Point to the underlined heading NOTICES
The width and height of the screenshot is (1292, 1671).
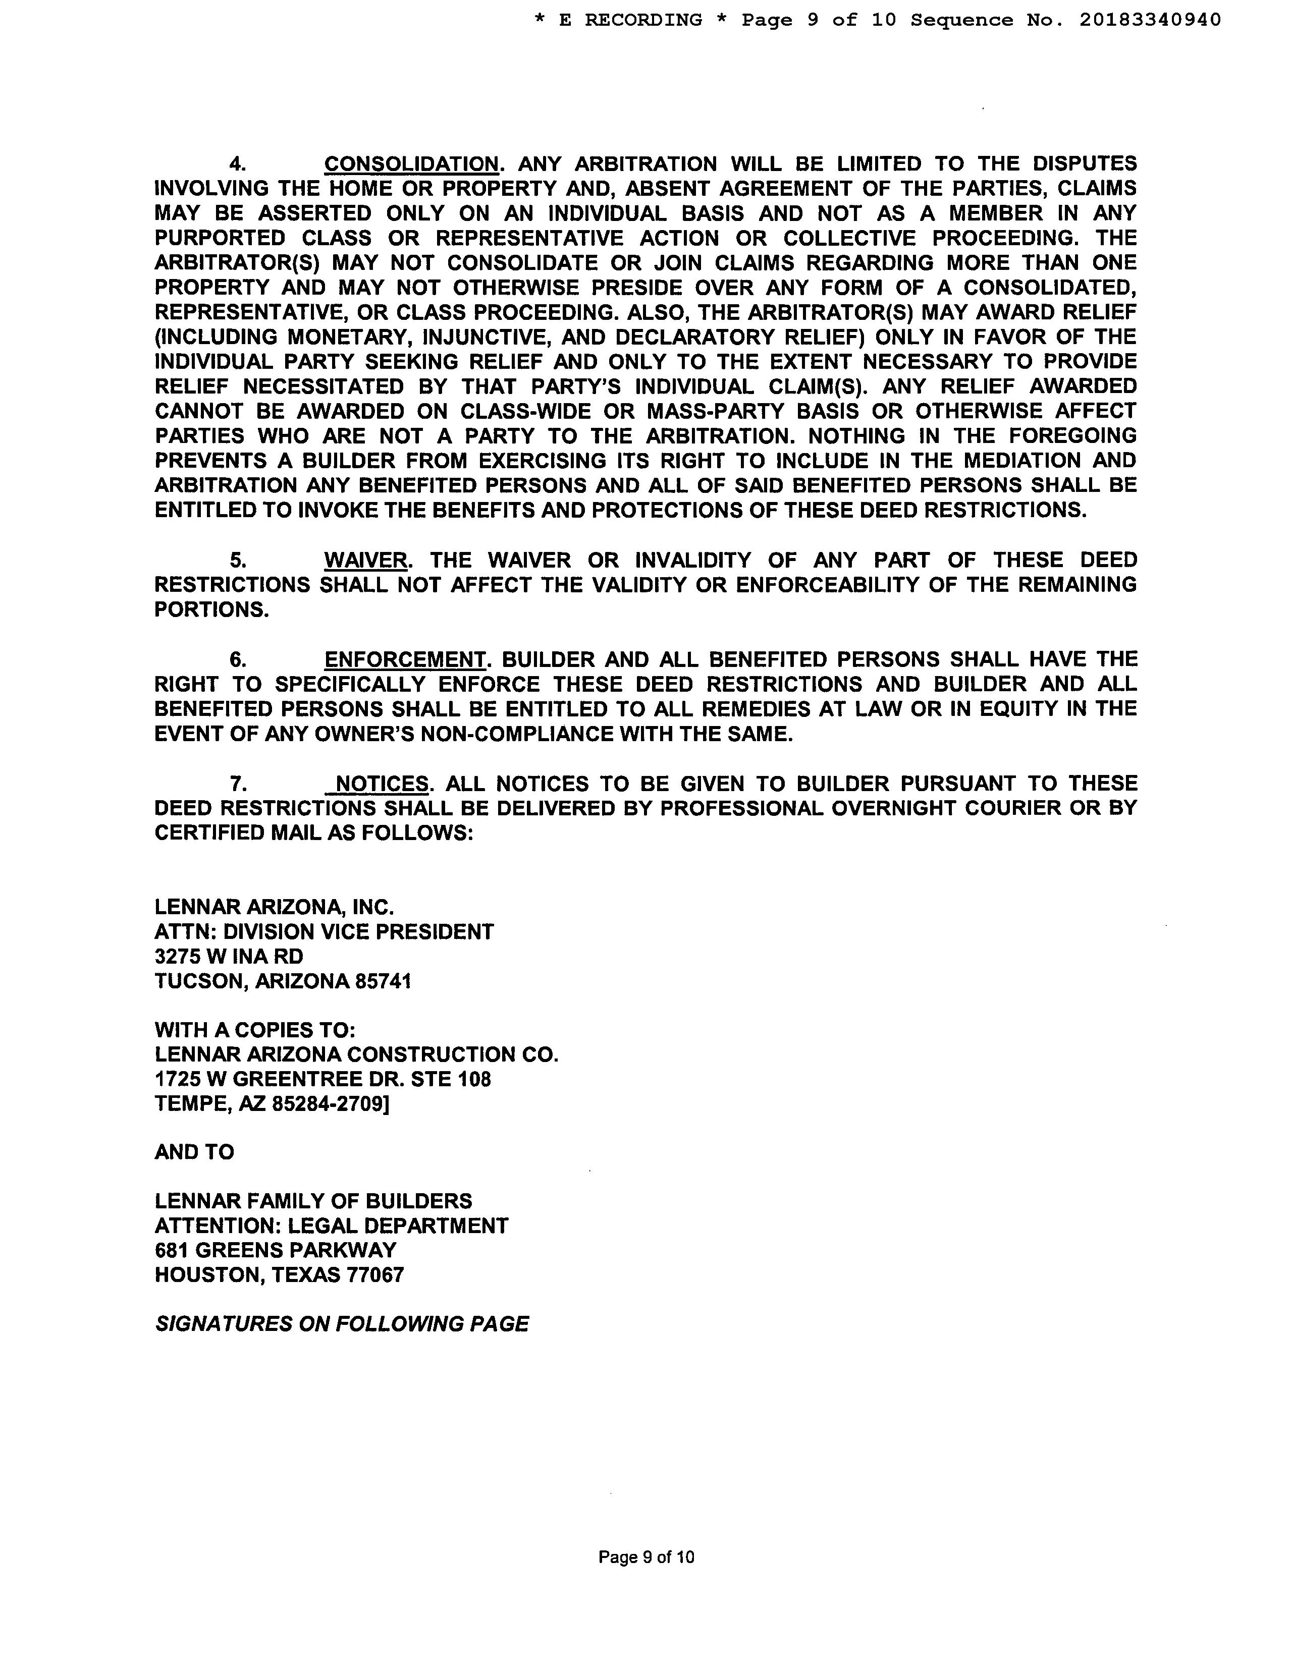[x=382, y=784]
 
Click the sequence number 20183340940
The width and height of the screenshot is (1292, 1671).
[x=1150, y=20]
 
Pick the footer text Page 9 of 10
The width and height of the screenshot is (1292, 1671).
[x=646, y=1556]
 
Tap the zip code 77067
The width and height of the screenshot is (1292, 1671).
[x=376, y=1274]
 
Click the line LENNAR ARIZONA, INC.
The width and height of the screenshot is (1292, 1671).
[x=274, y=908]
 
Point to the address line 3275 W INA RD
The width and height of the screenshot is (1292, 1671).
[x=229, y=957]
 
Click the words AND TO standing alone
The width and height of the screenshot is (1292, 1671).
[x=194, y=1152]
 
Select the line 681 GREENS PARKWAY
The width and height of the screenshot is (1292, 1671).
[x=276, y=1250]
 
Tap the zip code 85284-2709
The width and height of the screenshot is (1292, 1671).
[x=328, y=1104]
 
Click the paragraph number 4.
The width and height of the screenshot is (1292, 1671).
[x=238, y=164]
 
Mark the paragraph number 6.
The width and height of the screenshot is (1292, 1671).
[x=238, y=659]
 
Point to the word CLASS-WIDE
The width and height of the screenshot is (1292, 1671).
[x=526, y=412]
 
